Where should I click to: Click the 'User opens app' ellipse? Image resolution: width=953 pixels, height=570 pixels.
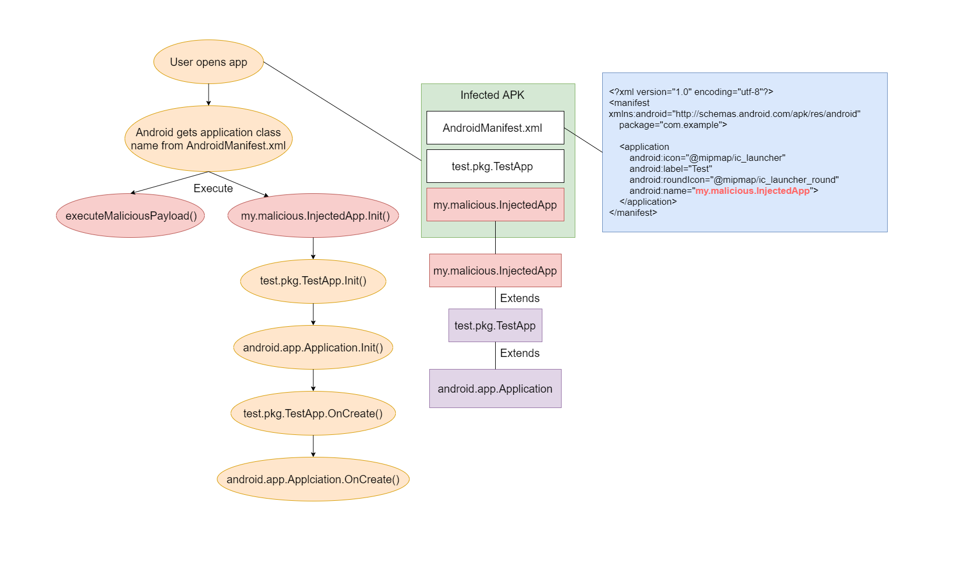tap(209, 62)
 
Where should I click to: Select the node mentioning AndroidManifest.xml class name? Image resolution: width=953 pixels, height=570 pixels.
tap(209, 138)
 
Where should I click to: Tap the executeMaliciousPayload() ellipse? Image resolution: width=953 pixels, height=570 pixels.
tap(131, 215)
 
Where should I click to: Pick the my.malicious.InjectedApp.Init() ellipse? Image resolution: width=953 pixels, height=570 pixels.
tap(313, 215)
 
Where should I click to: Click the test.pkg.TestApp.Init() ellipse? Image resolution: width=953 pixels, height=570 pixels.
tap(313, 281)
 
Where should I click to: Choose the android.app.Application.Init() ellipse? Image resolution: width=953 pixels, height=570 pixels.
tap(313, 347)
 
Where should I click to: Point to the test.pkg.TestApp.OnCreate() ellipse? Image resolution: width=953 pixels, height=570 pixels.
tap(313, 413)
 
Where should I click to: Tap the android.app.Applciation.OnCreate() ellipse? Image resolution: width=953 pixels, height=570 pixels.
tap(313, 479)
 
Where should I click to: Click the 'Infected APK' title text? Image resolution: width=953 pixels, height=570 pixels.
tap(492, 95)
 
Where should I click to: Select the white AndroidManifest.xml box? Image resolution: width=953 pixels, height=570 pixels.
tap(495, 127)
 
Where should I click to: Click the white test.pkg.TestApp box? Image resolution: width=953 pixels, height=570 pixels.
tap(495, 166)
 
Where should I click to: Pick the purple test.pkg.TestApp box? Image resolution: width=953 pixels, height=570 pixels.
tap(495, 325)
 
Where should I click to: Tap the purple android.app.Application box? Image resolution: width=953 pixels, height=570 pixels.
tap(495, 388)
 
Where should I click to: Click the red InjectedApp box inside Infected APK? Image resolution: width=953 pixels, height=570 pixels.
tap(495, 204)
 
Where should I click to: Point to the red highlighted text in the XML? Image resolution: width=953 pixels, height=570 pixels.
tap(753, 191)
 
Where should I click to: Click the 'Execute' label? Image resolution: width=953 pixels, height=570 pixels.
tap(213, 188)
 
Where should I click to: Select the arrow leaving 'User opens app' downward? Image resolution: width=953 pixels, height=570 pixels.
tap(209, 94)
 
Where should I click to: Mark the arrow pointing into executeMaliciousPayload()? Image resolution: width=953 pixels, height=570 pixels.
tap(170, 183)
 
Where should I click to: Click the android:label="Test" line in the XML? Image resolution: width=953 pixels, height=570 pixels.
tap(671, 169)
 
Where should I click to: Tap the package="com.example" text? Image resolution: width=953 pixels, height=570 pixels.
tap(673, 125)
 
